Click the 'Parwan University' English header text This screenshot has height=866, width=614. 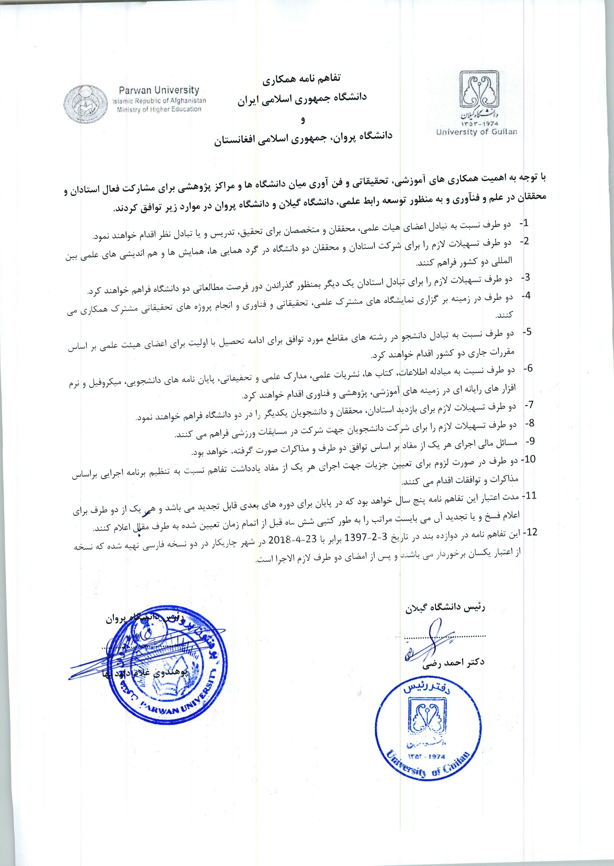point(159,91)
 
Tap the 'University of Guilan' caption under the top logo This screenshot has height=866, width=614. point(476,132)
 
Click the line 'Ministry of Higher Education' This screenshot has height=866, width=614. point(159,109)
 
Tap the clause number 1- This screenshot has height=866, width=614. point(524,224)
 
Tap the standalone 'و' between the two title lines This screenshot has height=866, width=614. point(302,120)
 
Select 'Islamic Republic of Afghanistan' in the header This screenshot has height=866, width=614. point(159,100)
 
